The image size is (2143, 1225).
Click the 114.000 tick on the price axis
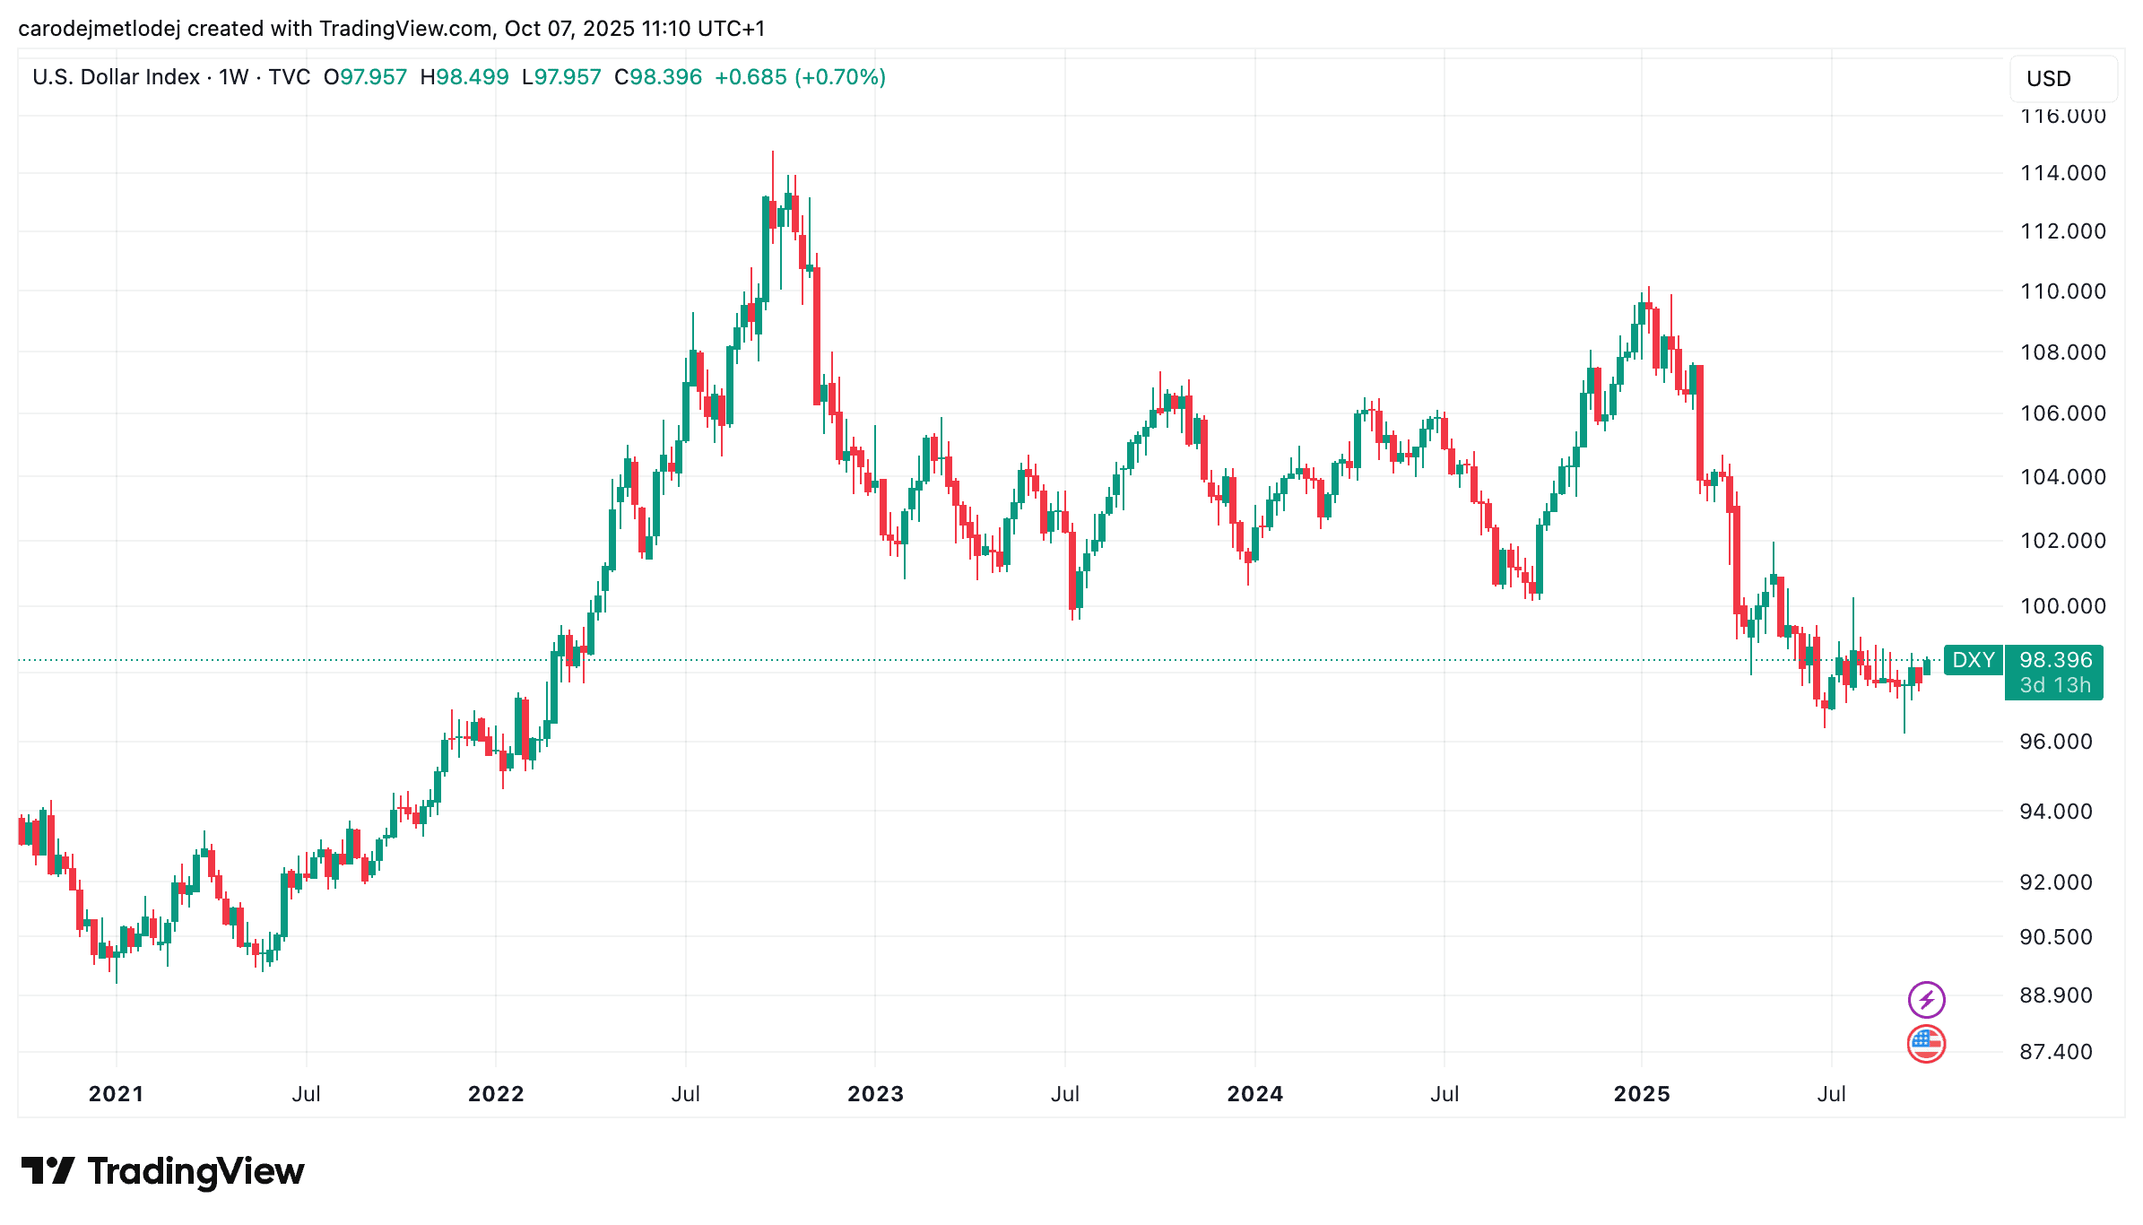pos(2062,173)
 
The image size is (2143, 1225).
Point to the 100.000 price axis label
pos(2062,606)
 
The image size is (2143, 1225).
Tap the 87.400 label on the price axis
pos(2055,1052)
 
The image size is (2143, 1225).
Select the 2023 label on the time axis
pos(875,1094)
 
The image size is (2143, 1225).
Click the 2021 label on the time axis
pos(116,1094)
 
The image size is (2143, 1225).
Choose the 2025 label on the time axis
pos(1641,1094)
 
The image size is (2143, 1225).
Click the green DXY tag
pos(1974,660)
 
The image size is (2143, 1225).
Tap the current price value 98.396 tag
pos(2055,660)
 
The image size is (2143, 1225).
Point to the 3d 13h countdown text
pos(2055,686)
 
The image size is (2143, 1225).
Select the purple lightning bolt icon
pos(1926,999)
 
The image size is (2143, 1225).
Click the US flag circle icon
pos(1926,1044)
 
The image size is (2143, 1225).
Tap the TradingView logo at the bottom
pos(163,1171)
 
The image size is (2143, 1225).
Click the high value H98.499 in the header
pos(464,77)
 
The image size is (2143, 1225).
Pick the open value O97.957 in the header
pos(366,77)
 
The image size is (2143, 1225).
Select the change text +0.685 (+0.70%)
pos(800,77)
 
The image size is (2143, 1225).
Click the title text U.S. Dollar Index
pos(116,77)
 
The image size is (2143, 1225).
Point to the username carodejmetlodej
pos(99,29)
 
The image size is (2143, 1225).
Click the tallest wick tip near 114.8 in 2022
pos(772,153)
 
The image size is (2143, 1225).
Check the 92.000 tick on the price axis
pos(2055,882)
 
